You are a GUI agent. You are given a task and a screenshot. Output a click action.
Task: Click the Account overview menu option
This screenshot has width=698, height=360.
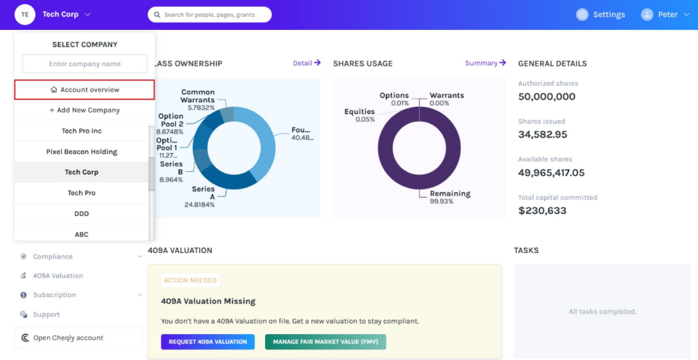point(85,89)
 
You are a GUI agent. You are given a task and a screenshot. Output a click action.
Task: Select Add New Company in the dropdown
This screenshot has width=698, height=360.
point(85,110)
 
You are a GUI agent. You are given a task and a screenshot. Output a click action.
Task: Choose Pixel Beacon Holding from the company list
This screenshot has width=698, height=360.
point(82,151)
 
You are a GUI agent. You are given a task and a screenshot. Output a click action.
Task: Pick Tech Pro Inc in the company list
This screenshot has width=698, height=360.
point(82,131)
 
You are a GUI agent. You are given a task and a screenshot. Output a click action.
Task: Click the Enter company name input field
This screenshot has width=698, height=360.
point(85,64)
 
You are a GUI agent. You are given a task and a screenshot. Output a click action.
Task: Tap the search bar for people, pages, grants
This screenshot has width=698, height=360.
point(209,14)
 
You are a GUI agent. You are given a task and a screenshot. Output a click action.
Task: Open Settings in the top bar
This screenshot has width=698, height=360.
point(601,14)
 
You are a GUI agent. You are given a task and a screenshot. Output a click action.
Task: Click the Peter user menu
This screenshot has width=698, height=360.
point(665,14)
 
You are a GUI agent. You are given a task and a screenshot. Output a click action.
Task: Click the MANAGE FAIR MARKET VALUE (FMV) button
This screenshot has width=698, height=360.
point(325,342)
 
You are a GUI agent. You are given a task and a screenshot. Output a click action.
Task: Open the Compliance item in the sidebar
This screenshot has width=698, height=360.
point(52,256)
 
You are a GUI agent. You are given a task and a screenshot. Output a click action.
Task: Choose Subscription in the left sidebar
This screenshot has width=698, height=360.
point(55,295)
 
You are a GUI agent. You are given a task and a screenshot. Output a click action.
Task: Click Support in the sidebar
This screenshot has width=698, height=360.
point(46,314)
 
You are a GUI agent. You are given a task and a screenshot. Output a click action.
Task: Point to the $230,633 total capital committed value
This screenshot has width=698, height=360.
point(542,211)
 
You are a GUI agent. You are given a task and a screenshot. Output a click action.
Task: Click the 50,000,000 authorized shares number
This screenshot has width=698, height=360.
point(547,97)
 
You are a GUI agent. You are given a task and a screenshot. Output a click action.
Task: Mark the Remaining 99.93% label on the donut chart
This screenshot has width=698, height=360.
point(450,197)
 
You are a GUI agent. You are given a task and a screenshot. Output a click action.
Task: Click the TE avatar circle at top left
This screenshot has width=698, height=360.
point(25,14)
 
